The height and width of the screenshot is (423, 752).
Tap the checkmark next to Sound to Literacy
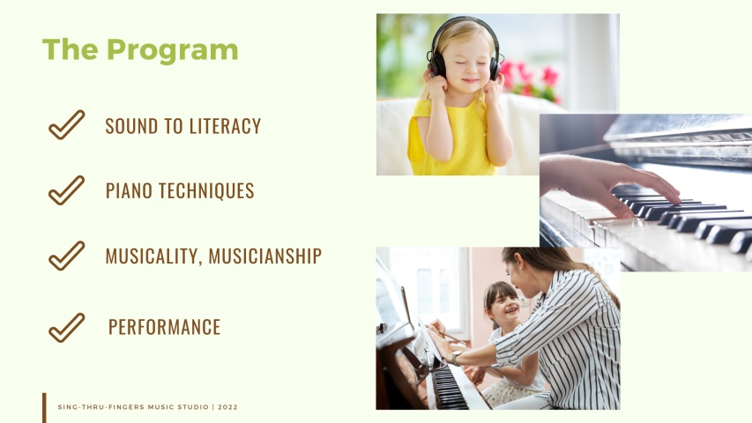point(66,125)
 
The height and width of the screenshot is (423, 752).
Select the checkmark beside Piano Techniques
point(66,190)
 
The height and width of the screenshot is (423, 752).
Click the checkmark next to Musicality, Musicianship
point(66,256)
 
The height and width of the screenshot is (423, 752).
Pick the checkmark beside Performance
point(66,327)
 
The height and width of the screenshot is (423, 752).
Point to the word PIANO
point(129,190)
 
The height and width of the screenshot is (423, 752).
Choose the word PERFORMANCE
point(164,327)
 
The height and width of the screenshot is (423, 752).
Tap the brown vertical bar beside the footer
point(44,407)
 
